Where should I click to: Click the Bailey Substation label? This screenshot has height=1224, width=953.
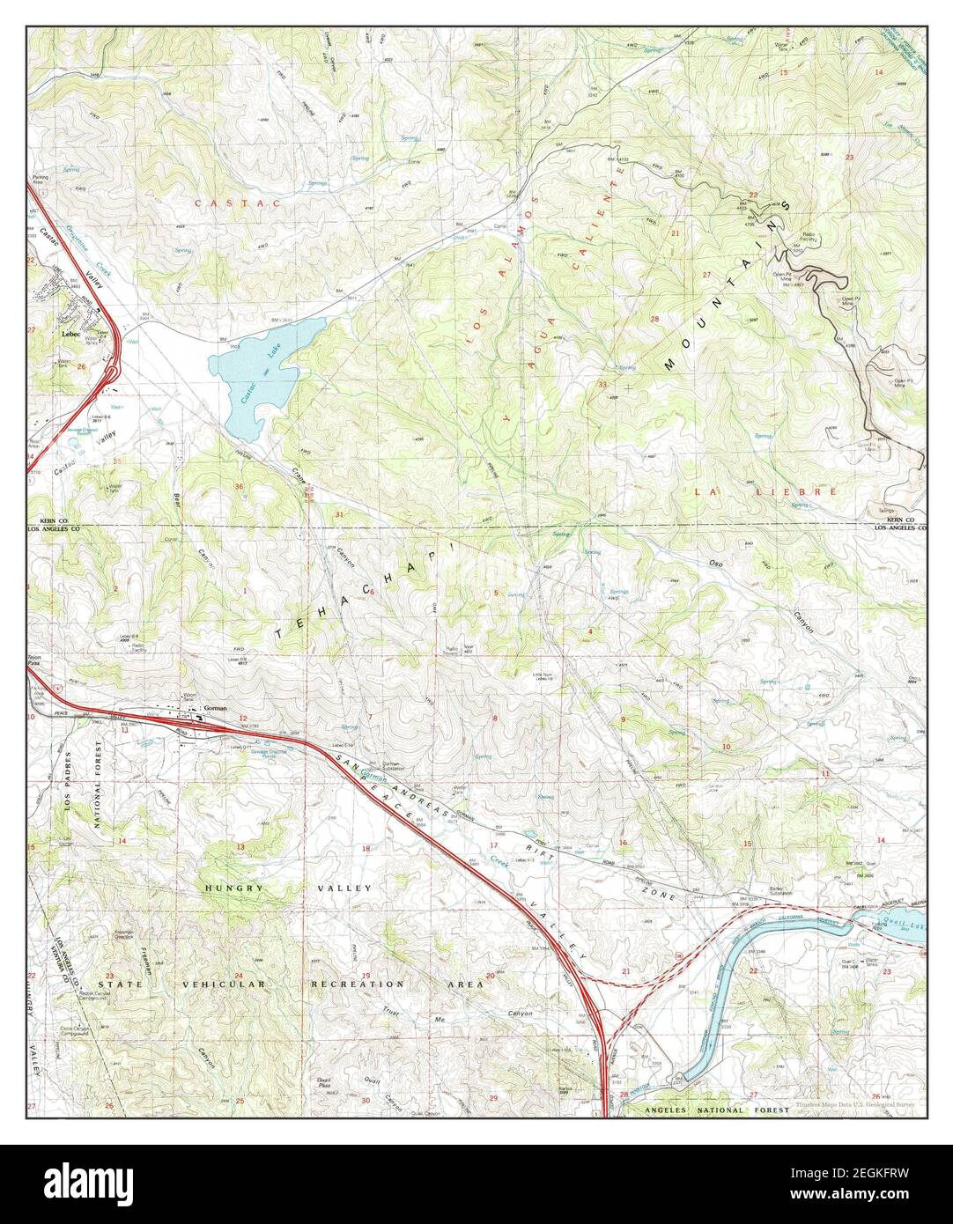click(780, 891)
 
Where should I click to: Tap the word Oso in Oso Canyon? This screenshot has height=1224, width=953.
click(716, 562)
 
